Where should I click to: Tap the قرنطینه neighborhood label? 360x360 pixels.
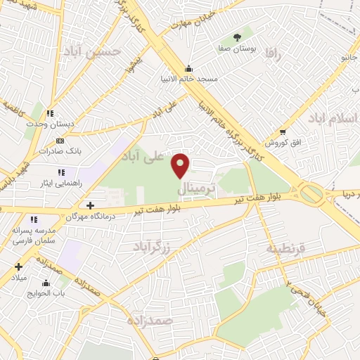(x=285, y=249)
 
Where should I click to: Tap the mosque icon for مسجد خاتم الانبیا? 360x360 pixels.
(x=188, y=69)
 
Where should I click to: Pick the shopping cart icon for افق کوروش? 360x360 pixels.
(x=283, y=131)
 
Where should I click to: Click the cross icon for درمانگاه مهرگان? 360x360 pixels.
(x=90, y=205)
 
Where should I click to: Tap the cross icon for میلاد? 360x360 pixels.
(x=18, y=266)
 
